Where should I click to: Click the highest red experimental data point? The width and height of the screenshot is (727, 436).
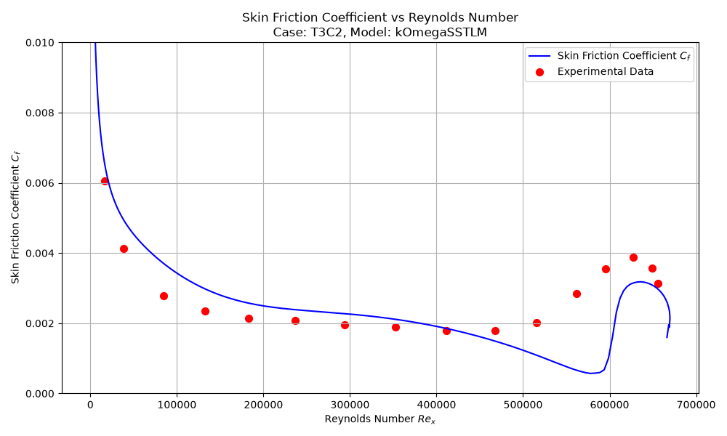coord(633,258)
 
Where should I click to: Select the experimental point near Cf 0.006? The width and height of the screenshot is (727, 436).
coord(105,181)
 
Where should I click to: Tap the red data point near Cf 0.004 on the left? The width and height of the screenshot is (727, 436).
coord(124,249)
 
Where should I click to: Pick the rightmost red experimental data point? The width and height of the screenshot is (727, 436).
coord(658,283)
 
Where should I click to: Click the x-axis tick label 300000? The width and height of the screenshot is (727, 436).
coord(350,405)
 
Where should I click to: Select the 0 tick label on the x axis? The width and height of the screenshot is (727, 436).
coord(90,405)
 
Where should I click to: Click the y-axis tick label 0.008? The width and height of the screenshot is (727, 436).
coord(40,113)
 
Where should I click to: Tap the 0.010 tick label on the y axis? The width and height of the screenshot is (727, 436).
coord(40,43)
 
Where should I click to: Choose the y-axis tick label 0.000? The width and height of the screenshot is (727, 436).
coord(40,393)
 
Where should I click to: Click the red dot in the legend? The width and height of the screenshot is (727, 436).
coord(539,72)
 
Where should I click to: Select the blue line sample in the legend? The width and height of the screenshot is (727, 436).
coord(539,56)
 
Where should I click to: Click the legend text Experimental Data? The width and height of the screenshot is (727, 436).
coord(605,71)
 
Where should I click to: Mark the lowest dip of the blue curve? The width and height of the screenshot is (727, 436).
coord(591,373)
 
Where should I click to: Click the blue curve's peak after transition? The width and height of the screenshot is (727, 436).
coord(640,282)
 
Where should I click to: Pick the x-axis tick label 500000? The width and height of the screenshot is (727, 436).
coord(523,405)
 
